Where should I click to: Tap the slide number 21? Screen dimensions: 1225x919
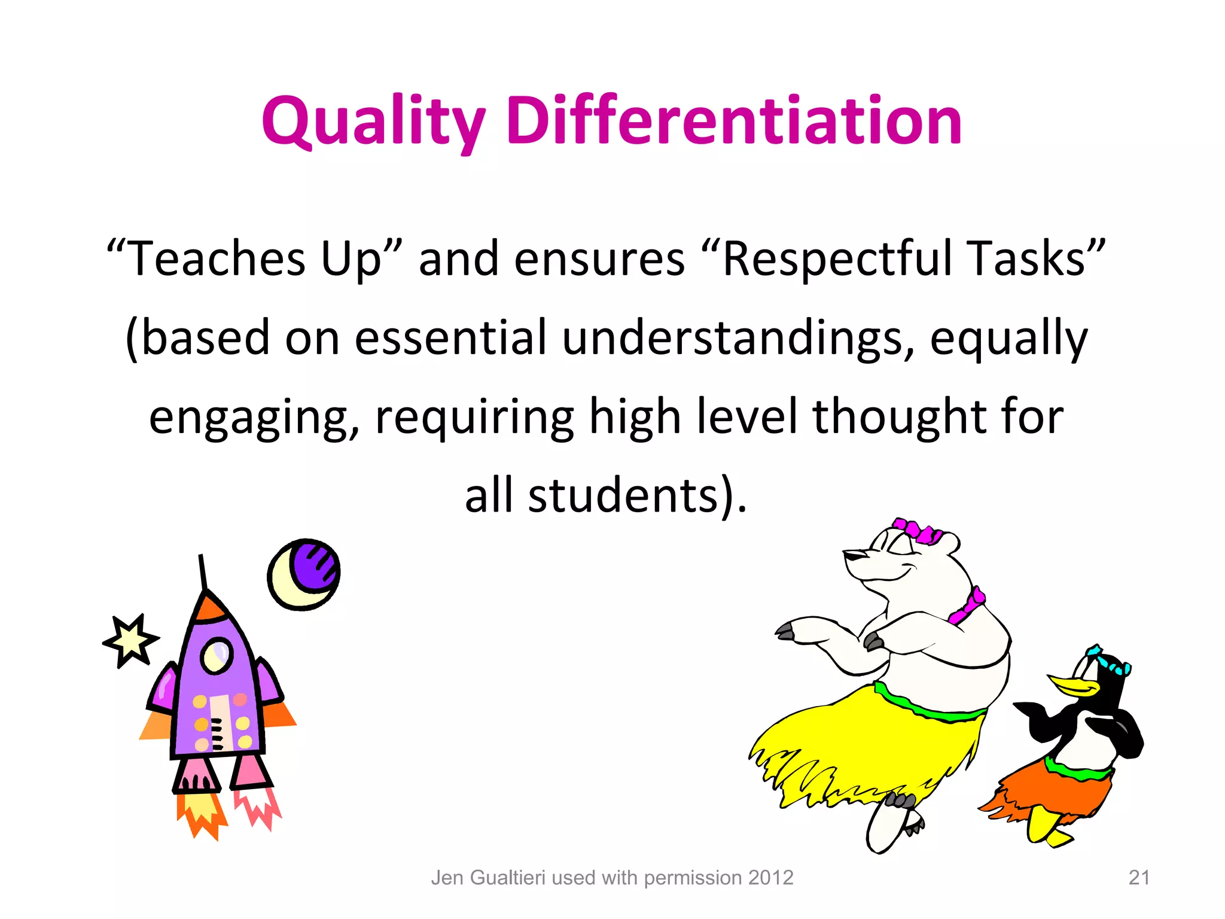coord(1139,878)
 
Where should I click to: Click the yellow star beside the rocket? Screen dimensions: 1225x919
coord(131,641)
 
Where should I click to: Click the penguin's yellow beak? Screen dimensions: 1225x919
coord(1071,686)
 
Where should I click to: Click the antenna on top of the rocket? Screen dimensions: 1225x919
coord(203,571)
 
